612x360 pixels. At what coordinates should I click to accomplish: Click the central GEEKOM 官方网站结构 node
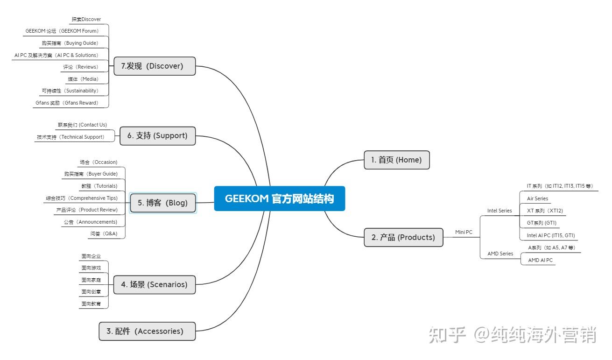pos(279,198)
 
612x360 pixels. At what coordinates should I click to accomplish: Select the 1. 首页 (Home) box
pos(396,160)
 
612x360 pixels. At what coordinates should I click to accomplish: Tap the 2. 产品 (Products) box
pos(403,237)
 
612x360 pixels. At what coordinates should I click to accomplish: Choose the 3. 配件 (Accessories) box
pos(147,331)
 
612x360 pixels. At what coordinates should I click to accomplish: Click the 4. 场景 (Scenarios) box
pos(155,284)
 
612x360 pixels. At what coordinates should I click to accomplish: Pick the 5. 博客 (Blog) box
pos(163,203)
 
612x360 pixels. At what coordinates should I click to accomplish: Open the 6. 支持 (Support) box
pos(157,135)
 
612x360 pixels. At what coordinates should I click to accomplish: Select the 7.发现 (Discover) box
pos(155,66)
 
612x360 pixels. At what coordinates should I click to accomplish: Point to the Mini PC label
pos(464,232)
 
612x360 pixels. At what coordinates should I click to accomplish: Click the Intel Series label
pos(499,211)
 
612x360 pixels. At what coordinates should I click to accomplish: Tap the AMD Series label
pos(500,254)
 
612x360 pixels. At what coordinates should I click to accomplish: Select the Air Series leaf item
pos(537,198)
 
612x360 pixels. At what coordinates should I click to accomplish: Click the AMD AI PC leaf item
pos(540,260)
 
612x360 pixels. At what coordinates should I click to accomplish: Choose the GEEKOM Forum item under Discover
pos(62,31)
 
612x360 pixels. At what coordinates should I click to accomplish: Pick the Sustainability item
pos(70,91)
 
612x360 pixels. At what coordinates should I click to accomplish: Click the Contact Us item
pos(82,125)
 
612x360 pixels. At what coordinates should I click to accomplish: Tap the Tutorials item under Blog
pos(99,186)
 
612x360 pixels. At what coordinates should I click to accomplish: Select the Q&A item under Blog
pos(104,233)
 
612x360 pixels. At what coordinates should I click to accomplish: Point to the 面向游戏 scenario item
pos(91,268)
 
